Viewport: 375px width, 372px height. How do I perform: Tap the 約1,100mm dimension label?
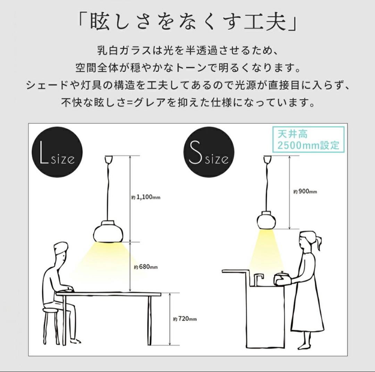pyautogui.click(x=144, y=197)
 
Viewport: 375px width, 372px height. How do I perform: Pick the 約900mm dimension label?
pyautogui.click(x=305, y=191)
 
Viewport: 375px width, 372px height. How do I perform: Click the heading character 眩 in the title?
pyautogui.click(x=102, y=22)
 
